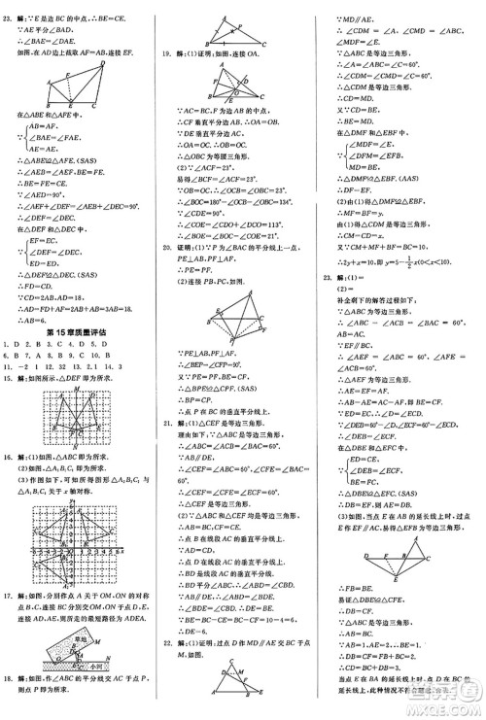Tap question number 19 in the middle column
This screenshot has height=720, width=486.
[169, 51]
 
